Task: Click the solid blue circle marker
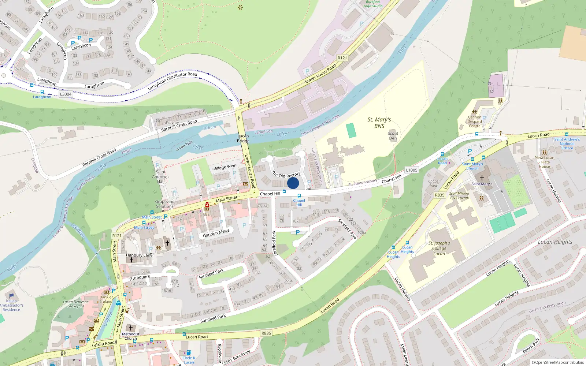(x=293, y=183)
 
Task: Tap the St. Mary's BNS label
(x=379, y=123)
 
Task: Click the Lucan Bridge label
(x=243, y=138)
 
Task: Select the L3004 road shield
(x=66, y=94)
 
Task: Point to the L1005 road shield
(x=412, y=170)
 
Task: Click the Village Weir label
(x=225, y=167)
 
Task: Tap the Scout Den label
(x=393, y=136)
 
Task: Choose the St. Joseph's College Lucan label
(x=439, y=248)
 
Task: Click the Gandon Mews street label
(x=216, y=233)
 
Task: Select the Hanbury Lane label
(x=139, y=255)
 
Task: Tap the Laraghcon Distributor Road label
(x=173, y=81)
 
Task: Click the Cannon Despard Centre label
(x=475, y=122)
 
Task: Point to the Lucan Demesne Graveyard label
(x=76, y=304)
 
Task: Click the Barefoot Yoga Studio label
(x=373, y=4)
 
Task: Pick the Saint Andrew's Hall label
(x=161, y=176)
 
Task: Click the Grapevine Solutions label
(x=165, y=204)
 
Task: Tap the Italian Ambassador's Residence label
(x=11, y=305)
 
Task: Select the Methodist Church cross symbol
(x=131, y=328)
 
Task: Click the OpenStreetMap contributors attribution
(x=557, y=363)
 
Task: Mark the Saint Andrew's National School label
(x=567, y=144)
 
